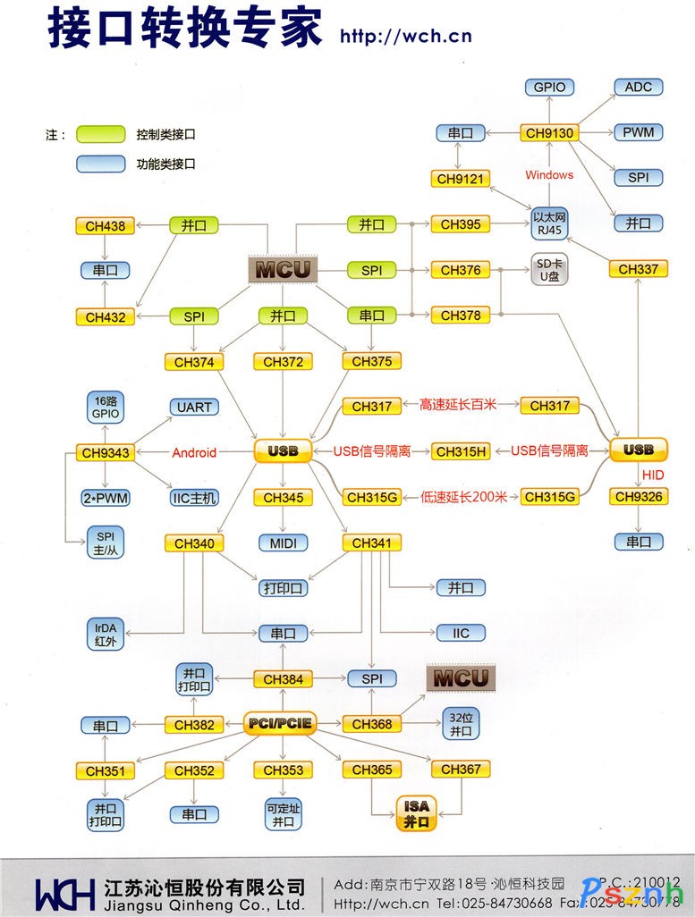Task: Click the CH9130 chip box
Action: [548, 133]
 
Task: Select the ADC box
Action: [638, 87]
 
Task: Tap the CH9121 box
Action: [460, 179]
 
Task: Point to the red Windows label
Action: [548, 175]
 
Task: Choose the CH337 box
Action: [638, 269]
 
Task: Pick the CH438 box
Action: [105, 226]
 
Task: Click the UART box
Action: [194, 407]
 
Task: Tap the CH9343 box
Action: [105, 452]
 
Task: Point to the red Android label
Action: [194, 452]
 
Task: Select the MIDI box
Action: [283, 543]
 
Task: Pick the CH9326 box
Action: [638, 496]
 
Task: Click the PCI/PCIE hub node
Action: [281, 723]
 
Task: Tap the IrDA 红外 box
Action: [105, 634]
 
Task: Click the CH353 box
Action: [283, 770]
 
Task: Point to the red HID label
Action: [652, 474]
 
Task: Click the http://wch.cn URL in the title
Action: [405, 37]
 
